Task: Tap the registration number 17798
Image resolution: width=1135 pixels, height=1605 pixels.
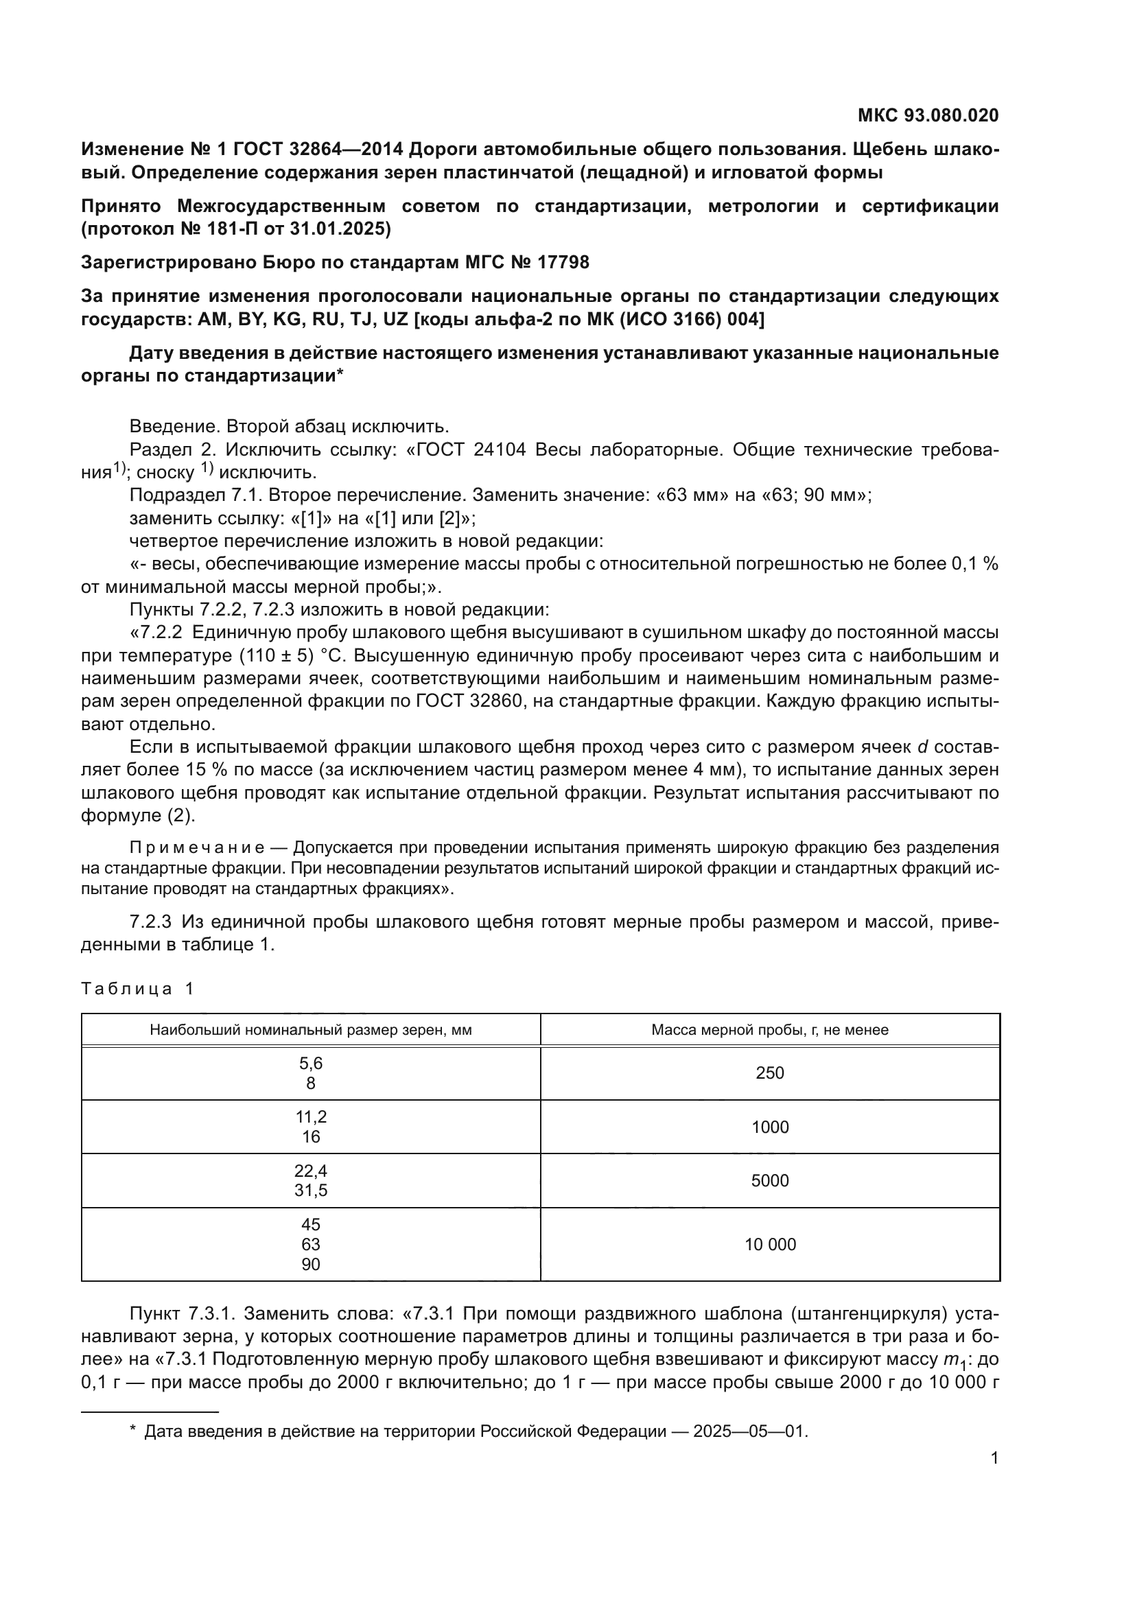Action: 563,262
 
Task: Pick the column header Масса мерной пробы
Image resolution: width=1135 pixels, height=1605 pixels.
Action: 769,1030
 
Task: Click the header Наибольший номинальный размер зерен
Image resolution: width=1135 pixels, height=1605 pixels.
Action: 310,1030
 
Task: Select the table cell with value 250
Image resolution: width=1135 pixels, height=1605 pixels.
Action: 769,1073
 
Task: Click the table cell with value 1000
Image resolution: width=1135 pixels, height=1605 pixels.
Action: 769,1127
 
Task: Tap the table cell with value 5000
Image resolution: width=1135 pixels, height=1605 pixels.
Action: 769,1181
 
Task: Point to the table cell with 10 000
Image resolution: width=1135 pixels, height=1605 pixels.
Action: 769,1244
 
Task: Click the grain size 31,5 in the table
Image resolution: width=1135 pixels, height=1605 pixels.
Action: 310,1191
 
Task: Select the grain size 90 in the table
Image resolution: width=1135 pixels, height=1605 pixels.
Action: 310,1264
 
